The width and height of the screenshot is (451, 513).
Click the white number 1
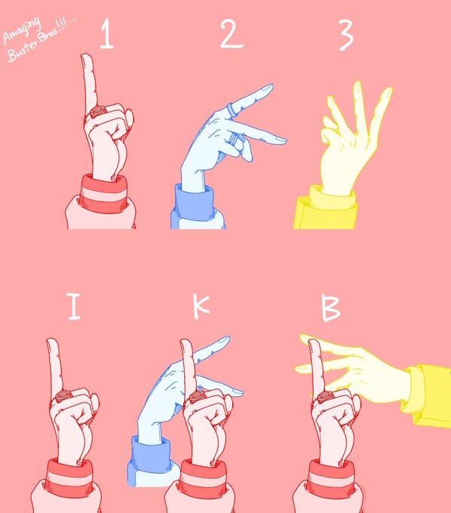[107, 33]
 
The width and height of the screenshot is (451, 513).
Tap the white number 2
[232, 33]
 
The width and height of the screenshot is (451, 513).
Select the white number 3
[346, 35]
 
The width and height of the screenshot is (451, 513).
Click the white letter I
[74, 306]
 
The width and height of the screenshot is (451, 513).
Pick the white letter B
[330, 309]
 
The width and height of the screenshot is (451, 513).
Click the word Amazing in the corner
[22, 30]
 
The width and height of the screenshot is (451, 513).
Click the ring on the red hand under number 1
[97, 111]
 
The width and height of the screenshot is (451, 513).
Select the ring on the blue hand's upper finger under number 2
[232, 109]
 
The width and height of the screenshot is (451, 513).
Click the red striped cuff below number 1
[104, 194]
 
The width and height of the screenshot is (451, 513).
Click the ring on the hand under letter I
[63, 396]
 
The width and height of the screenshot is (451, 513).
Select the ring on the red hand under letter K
[197, 397]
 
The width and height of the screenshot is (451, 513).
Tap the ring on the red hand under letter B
[326, 397]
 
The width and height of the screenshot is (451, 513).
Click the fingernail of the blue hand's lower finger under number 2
[280, 140]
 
